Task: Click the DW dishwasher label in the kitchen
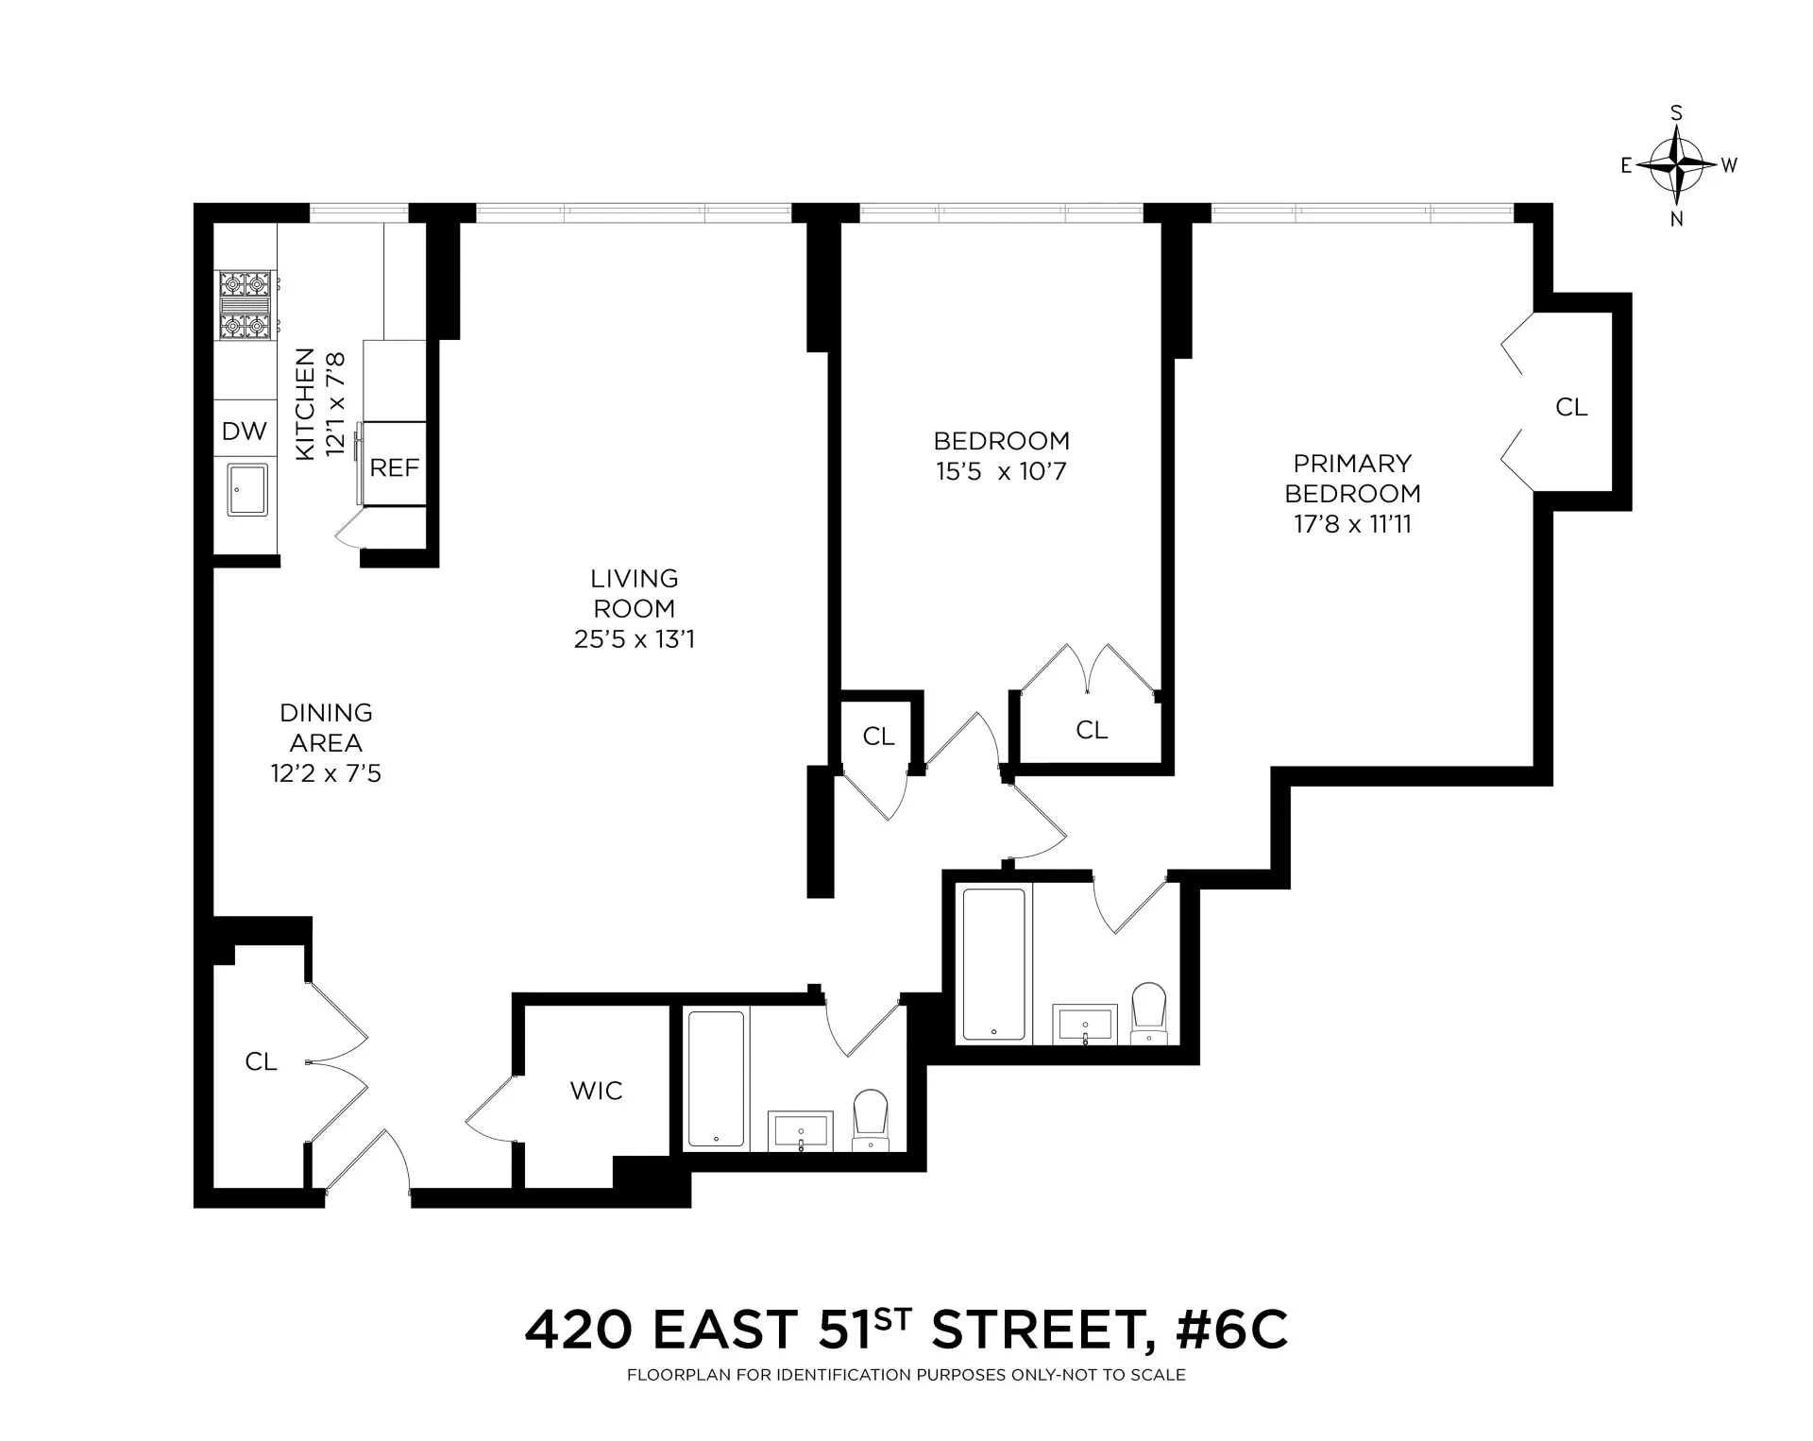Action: pos(245,432)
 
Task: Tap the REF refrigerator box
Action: pos(394,466)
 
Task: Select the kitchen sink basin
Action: pos(247,489)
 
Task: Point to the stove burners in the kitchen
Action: pos(246,305)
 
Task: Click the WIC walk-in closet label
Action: pos(596,1091)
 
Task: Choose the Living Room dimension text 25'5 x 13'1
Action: pos(634,639)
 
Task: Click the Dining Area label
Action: pos(326,728)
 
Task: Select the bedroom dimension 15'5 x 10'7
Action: pos(1001,471)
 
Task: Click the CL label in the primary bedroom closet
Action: pos(1571,407)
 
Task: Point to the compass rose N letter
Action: pos(1677,220)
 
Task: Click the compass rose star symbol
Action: pos(1677,165)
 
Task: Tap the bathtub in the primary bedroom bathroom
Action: pos(993,963)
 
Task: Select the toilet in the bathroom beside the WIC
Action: pos(871,1119)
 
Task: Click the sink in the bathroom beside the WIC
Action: pos(801,1130)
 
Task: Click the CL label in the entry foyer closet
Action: pos(261,1062)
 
